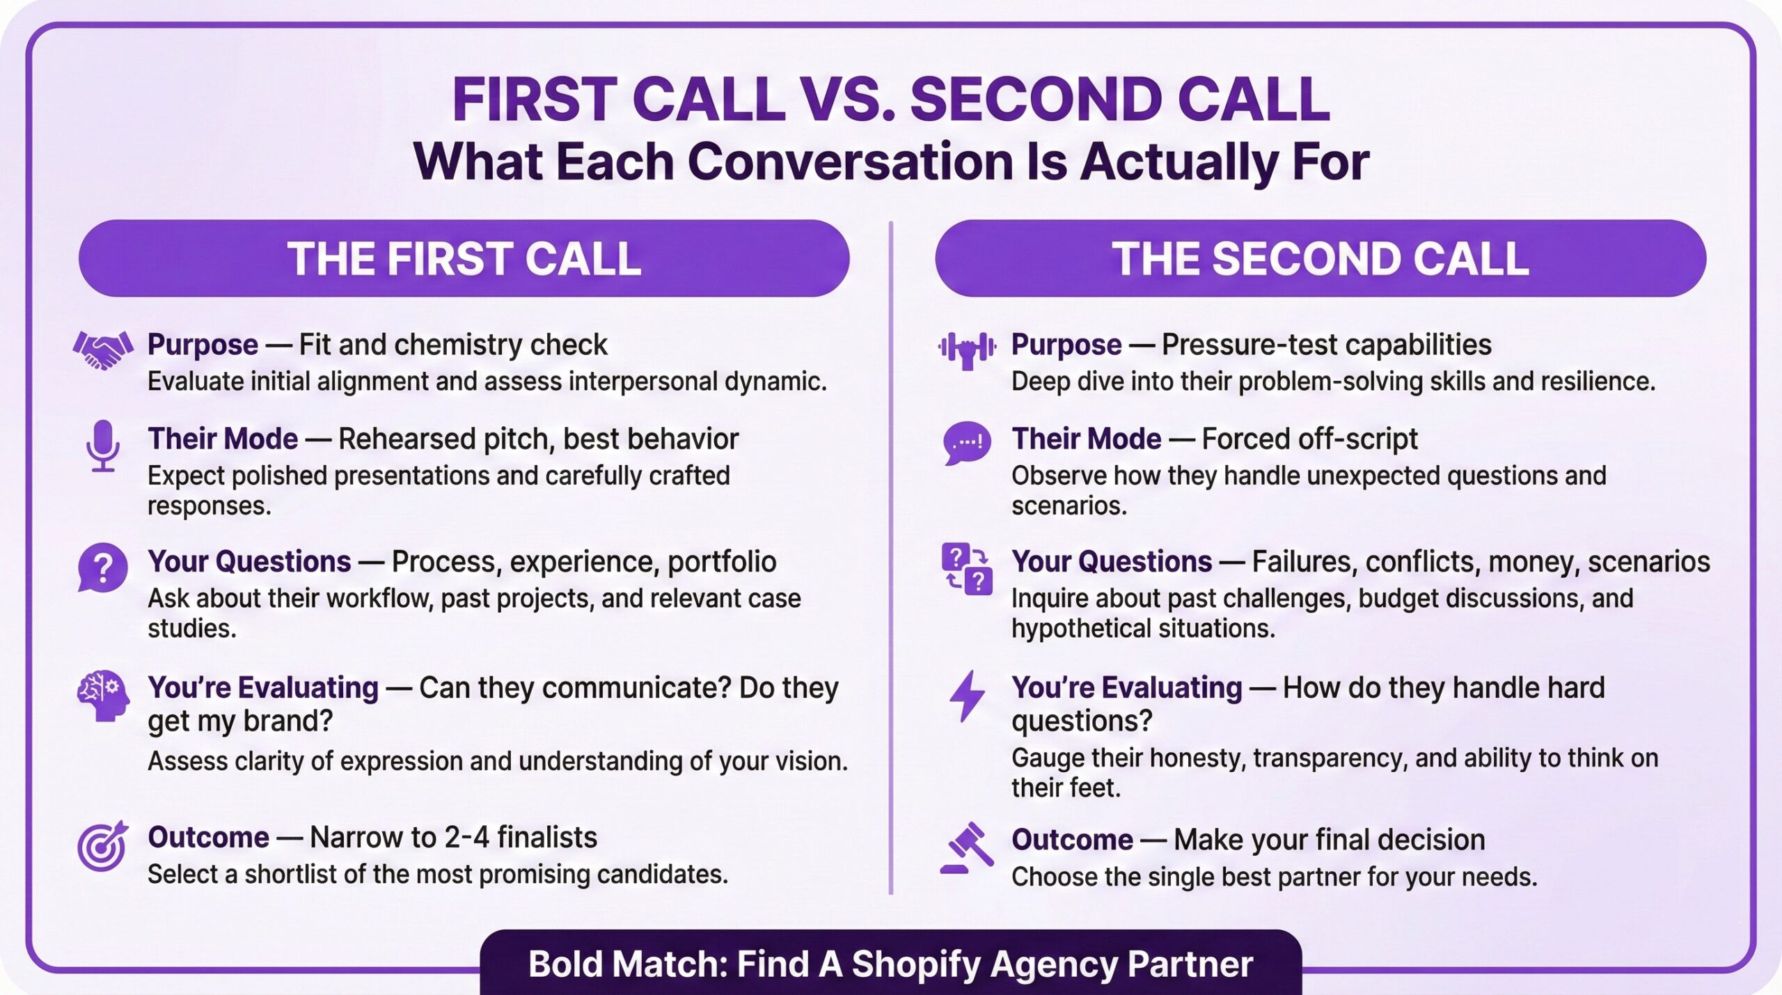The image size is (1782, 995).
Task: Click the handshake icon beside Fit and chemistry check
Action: point(103,350)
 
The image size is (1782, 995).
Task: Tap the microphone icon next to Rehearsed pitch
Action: point(103,446)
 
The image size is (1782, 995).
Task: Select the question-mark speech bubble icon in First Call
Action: point(102,568)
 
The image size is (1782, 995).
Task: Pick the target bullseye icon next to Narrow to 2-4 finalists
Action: point(103,845)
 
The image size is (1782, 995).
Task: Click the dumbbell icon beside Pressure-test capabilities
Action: point(967,350)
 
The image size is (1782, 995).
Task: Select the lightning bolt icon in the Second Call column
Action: point(967,696)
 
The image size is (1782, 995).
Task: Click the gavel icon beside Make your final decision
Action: point(967,847)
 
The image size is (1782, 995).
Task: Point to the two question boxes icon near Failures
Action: point(967,568)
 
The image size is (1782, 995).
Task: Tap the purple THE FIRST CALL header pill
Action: point(464,258)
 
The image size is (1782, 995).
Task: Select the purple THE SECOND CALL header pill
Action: point(1320,258)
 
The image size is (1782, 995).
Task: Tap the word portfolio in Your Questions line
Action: point(722,563)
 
